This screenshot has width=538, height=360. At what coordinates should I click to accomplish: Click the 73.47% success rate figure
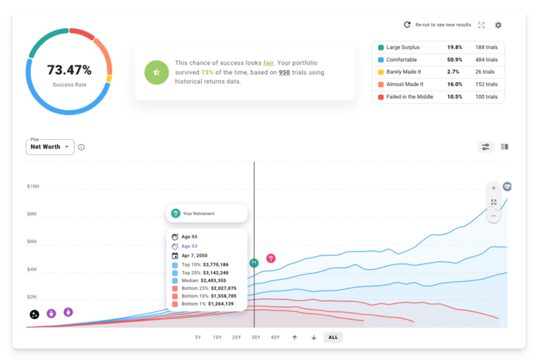pos(69,70)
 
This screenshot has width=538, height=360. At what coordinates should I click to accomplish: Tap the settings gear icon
pos(498,25)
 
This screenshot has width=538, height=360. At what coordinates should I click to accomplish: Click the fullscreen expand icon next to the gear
pos(482,25)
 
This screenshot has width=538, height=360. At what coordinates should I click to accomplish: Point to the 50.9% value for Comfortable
pos(455,60)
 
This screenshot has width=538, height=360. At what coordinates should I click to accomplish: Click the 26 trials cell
pos(484,72)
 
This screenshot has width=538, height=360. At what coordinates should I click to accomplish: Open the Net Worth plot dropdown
pos(50,147)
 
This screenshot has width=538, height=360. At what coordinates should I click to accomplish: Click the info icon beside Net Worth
pos(81,147)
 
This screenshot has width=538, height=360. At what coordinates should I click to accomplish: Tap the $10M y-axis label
pos(34,186)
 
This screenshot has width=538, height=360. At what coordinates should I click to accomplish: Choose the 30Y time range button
pos(256,337)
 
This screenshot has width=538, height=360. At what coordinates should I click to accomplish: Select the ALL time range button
pos(333,337)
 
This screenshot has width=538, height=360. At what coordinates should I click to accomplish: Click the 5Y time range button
pos(198,337)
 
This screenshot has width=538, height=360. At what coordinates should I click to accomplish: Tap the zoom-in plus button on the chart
pos(494,188)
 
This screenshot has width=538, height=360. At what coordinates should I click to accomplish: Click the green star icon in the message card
pos(157,72)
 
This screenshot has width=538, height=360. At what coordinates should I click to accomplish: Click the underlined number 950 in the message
pos(284,72)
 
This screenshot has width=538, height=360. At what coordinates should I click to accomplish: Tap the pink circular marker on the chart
pos(271,259)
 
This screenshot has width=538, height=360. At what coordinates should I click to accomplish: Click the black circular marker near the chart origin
pos(34,314)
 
